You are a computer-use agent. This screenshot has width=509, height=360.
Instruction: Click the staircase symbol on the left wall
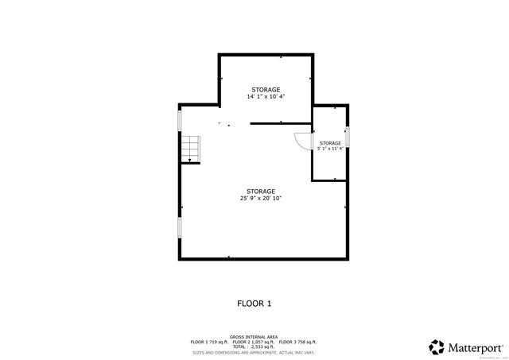point(189,149)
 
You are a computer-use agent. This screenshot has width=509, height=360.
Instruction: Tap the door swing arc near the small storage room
point(301,141)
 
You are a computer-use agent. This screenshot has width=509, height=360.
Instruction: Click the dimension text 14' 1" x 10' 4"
point(266,96)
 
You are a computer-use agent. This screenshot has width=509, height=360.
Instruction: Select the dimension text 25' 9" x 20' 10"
point(261,198)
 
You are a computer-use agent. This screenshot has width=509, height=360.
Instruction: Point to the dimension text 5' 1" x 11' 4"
point(330,149)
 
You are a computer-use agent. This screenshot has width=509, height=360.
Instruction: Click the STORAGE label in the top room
point(266,89)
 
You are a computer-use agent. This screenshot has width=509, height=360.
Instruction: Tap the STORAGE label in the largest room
point(261,191)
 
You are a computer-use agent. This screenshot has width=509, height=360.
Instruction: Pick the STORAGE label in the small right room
point(330,143)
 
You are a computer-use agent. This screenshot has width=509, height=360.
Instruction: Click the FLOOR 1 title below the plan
point(254,303)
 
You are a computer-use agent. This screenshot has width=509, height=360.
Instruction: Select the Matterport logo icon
point(437,347)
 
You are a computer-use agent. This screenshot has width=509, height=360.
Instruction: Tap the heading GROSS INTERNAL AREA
point(254,337)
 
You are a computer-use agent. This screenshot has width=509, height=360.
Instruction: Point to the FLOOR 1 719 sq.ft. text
point(208,342)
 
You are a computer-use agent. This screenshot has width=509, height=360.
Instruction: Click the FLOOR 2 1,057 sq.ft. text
point(254,342)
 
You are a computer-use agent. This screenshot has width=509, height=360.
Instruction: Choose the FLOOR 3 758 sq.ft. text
point(298,342)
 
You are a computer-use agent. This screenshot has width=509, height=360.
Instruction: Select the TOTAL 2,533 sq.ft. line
point(254,346)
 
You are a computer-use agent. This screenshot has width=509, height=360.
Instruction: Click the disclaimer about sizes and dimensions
point(254,352)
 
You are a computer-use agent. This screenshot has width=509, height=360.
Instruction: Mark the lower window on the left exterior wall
point(180,228)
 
